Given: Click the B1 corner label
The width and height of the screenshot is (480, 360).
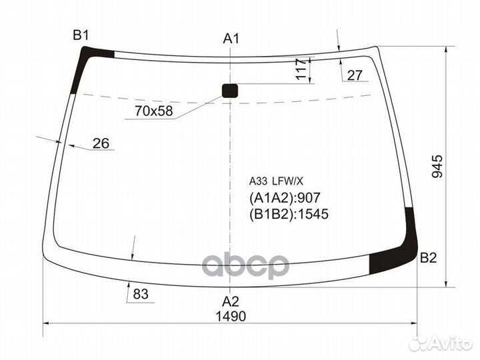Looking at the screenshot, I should [81, 35].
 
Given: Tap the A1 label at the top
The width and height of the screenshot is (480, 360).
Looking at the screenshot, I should [231, 39].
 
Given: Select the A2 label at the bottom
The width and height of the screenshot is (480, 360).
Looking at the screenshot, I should [231, 300].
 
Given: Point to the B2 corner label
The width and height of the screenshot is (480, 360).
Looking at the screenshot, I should [428, 259].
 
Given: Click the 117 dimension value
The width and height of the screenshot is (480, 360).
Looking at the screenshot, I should [301, 69].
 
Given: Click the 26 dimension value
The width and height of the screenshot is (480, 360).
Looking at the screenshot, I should [101, 143].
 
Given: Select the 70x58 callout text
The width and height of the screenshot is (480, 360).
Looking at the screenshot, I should [153, 111].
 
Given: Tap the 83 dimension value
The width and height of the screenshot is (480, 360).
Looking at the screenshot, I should [140, 293].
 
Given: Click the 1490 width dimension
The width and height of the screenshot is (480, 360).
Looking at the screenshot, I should [231, 316].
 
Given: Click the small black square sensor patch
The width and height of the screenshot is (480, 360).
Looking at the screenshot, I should [230, 91].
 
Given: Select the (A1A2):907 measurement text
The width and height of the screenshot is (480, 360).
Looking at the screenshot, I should [285, 197].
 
